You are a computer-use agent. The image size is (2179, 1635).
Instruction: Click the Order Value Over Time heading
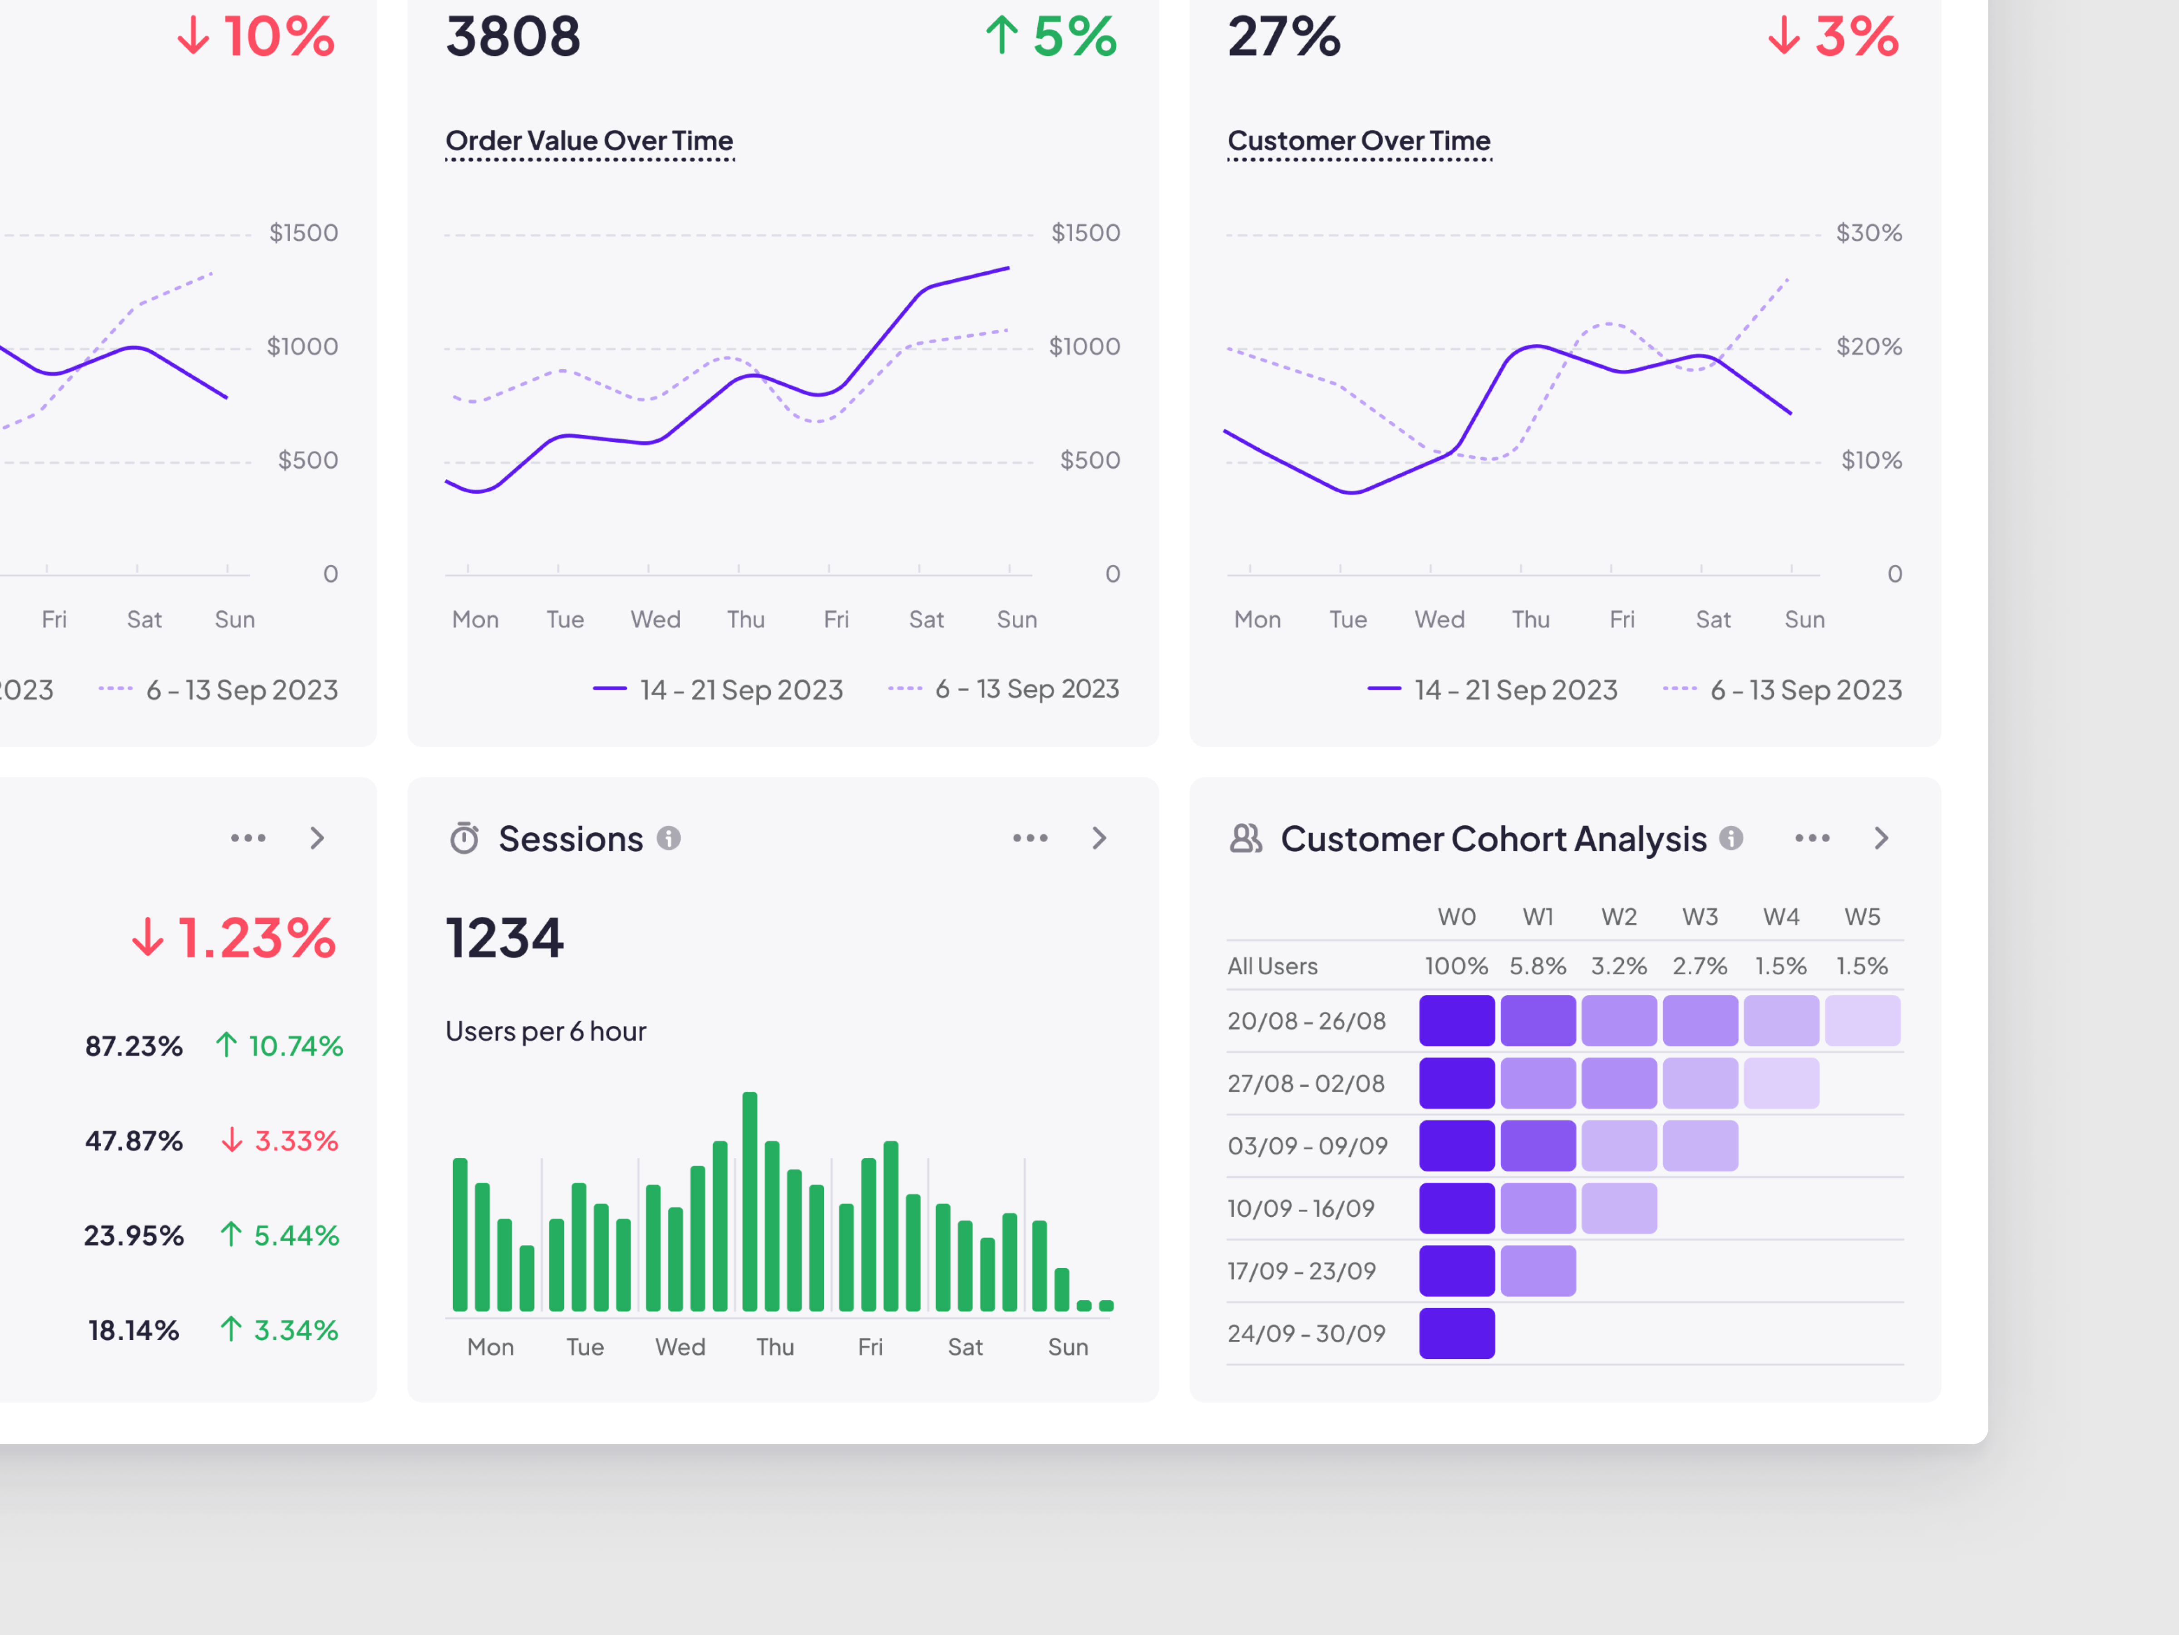coord(589,141)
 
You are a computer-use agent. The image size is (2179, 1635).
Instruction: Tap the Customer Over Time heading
coord(1358,141)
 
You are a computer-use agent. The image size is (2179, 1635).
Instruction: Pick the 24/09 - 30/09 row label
coord(1306,1333)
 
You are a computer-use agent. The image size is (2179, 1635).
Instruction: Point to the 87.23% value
coord(134,1045)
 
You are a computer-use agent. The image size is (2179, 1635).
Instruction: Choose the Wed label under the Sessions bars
coord(680,1347)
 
